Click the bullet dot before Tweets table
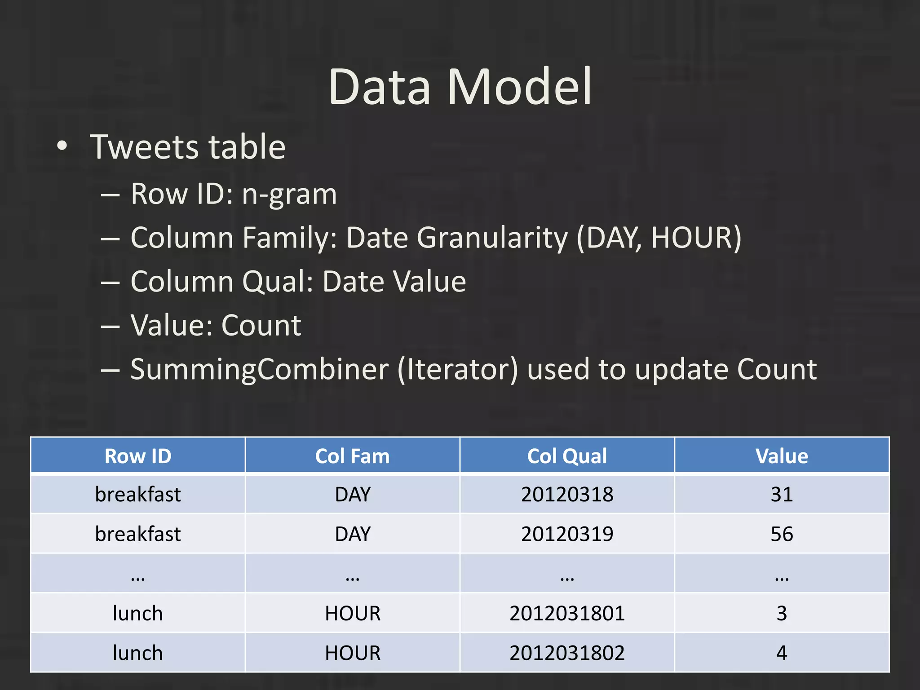pos(62,146)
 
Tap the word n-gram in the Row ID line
pos(289,194)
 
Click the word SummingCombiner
pos(259,369)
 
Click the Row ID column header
pos(138,456)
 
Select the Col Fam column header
pos(352,456)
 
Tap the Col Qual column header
pos(567,456)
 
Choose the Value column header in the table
pos(782,456)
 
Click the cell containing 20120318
pos(567,494)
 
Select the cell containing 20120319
pos(567,534)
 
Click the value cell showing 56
pos(782,534)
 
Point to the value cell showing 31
pos(782,494)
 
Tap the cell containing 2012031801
pos(567,613)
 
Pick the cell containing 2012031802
pos(567,653)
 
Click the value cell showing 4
pos(782,653)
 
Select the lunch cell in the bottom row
pos(138,653)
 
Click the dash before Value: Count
pos(110,326)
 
